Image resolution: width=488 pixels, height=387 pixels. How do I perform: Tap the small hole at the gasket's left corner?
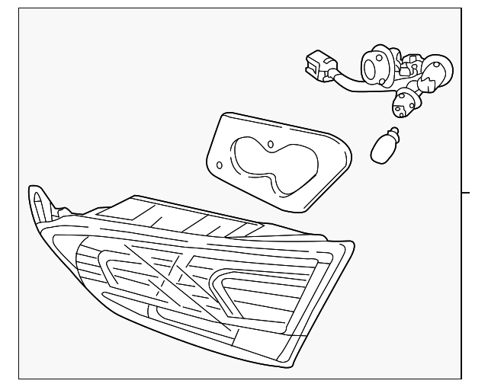[220, 164]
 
